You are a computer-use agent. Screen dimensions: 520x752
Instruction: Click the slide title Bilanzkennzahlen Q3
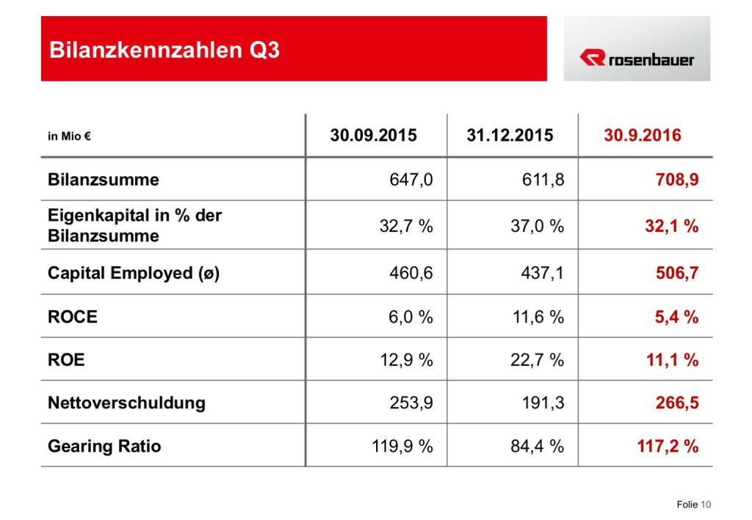coord(164,51)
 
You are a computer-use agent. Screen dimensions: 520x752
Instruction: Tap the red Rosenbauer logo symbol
coord(591,57)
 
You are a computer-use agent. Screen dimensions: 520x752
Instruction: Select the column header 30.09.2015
coord(373,136)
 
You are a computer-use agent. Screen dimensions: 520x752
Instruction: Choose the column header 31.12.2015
coord(510,136)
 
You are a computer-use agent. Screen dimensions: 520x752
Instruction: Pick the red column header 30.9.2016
coord(643,136)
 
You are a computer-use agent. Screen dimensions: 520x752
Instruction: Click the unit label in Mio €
coord(69,136)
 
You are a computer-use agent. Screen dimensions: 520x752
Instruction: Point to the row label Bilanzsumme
coord(103,180)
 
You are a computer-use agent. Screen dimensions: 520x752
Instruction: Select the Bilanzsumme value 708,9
coord(676,180)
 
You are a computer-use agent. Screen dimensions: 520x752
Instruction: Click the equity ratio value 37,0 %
coord(538,226)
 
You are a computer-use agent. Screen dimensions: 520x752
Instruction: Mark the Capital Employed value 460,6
coord(411,274)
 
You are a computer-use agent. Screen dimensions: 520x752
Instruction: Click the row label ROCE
coord(72,317)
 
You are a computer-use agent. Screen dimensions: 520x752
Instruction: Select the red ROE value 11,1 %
coord(672,359)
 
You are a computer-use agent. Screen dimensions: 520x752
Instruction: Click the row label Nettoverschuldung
coord(126,403)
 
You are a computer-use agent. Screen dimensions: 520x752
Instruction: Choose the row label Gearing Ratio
coord(104,446)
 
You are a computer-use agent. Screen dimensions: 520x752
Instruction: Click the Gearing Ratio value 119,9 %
coord(402,446)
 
